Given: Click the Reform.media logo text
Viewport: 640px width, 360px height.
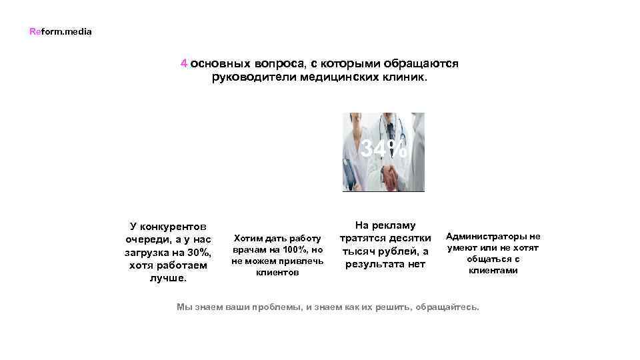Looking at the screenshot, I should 61,31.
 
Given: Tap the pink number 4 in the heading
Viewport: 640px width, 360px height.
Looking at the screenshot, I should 183,63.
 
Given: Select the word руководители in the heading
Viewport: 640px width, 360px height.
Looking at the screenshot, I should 255,77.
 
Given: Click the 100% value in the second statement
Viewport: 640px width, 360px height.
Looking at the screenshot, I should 294,250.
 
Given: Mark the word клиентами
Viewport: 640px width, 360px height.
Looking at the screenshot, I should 493,271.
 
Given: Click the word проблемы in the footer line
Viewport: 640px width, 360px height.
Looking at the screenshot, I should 275,307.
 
